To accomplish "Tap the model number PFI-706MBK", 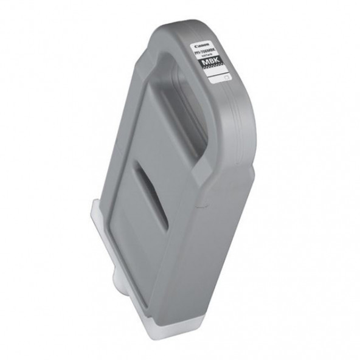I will [204, 52].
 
